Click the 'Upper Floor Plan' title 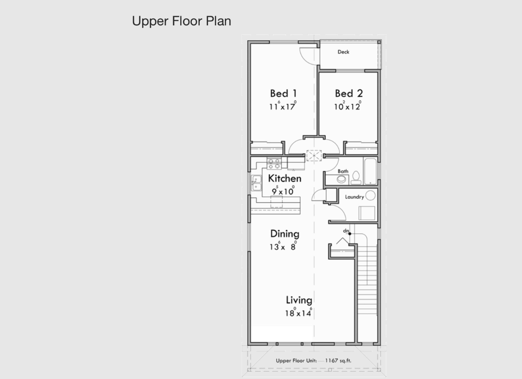181,21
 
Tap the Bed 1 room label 283,93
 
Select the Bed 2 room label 349,93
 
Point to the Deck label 343,52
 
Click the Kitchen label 285,179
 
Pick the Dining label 285,234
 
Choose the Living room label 299,300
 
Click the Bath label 343,171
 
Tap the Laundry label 354,197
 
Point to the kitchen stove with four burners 274,163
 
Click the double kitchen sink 256,183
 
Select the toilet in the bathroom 356,179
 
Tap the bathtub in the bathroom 370,171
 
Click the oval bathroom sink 341,180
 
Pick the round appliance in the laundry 370,196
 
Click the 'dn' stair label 346,231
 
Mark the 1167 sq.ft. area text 338,361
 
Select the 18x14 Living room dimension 298,313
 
